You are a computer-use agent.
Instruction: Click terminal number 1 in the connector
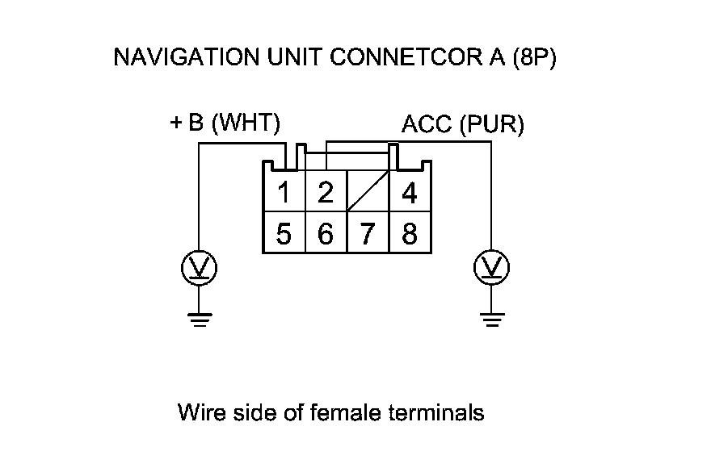tap(284, 194)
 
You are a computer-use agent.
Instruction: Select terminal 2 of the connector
tap(326, 194)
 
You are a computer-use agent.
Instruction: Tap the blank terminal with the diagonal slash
tap(368, 193)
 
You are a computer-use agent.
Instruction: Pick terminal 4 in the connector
tap(410, 194)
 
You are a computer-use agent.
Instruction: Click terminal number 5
tap(284, 234)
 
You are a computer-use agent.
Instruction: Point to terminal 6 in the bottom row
tap(326, 234)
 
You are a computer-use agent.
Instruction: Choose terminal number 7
tap(368, 234)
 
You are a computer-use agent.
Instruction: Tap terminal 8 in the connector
tap(410, 234)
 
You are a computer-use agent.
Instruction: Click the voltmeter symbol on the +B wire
tap(199, 267)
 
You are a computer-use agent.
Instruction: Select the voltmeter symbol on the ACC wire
tap(490, 267)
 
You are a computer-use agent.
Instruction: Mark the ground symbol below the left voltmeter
tap(199, 318)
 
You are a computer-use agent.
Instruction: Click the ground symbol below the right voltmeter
tap(490, 318)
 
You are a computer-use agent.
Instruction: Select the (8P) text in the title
tap(534, 58)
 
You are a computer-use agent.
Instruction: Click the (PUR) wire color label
tap(492, 125)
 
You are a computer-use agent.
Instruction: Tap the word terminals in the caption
tap(436, 413)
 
